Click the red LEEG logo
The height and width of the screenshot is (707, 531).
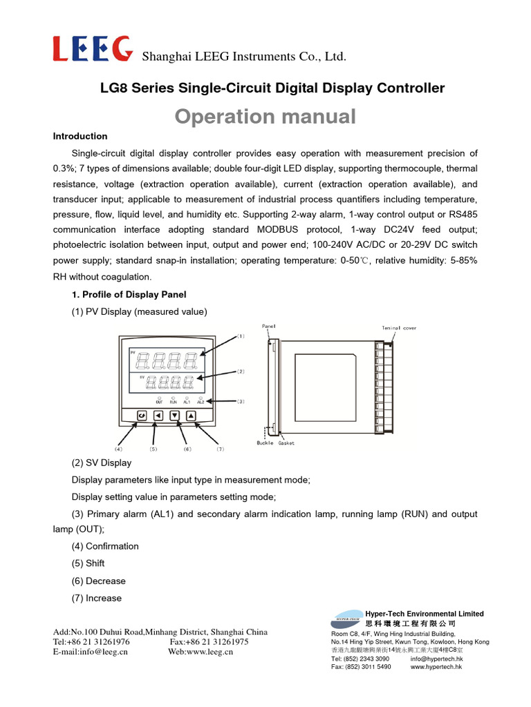93,49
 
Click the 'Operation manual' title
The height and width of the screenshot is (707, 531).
265,116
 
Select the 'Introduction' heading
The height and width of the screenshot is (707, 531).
80,136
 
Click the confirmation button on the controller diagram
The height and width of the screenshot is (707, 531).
141,415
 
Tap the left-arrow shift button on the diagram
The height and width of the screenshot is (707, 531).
158,415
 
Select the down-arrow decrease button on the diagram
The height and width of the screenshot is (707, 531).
175,415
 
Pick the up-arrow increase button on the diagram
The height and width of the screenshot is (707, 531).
192,415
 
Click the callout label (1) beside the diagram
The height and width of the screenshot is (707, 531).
241,336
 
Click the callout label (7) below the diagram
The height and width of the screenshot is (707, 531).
221,449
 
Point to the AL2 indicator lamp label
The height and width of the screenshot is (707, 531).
201,401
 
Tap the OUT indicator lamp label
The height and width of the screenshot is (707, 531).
159,401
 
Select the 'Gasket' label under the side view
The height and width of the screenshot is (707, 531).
287,443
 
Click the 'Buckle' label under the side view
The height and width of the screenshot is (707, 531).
265,443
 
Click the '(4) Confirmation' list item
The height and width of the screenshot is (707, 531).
105,546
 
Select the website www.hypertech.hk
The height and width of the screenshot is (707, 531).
436,667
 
